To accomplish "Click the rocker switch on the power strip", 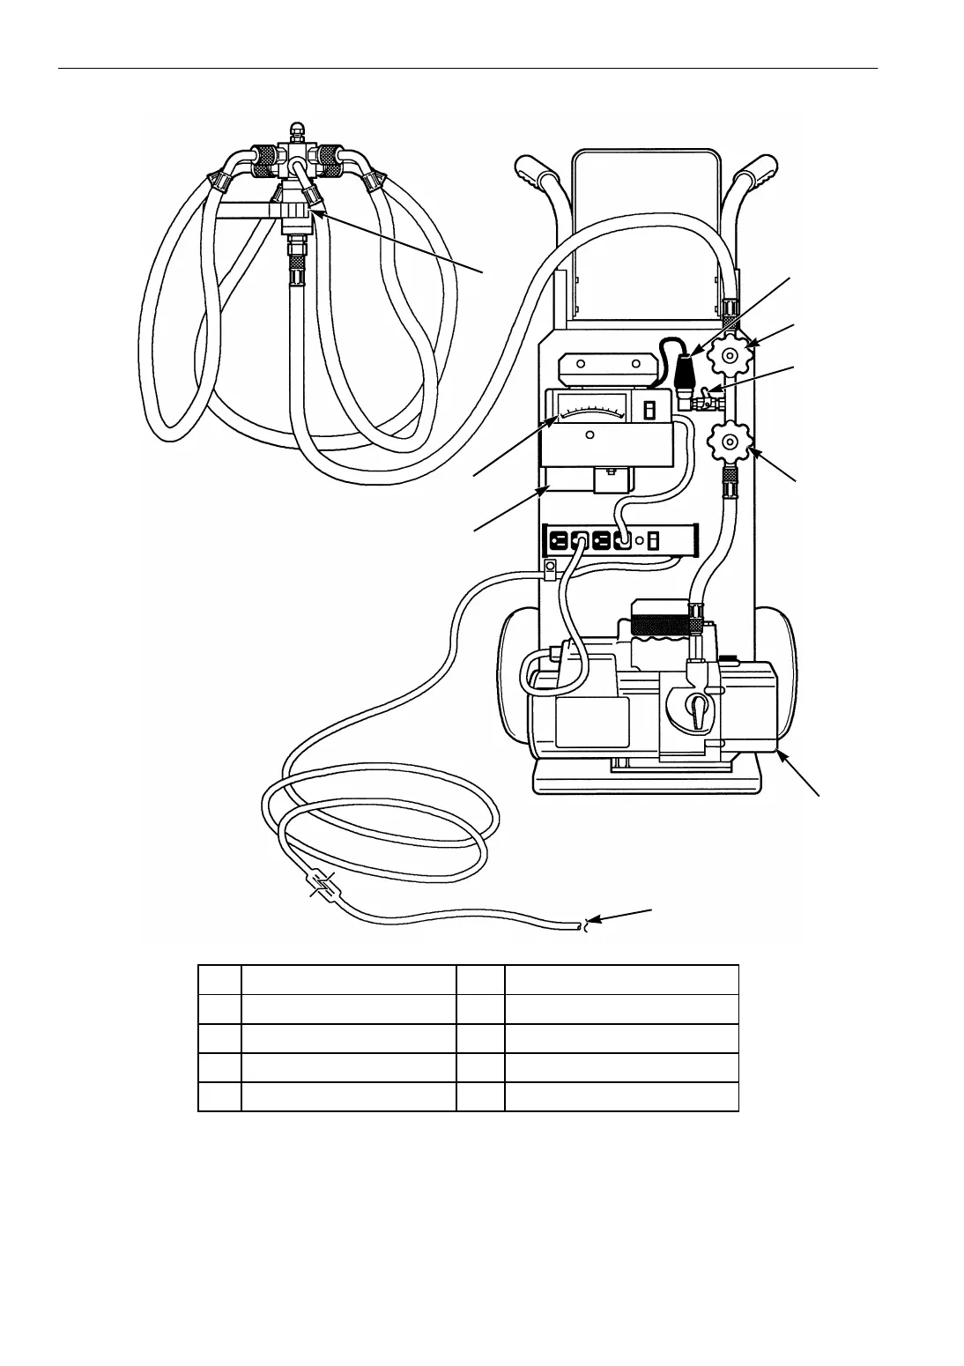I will tap(653, 539).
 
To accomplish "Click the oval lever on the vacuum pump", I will tap(697, 710).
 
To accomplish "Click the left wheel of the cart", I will tap(515, 679).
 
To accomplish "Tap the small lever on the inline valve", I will tap(713, 388).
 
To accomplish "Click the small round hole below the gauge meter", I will tap(590, 434).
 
